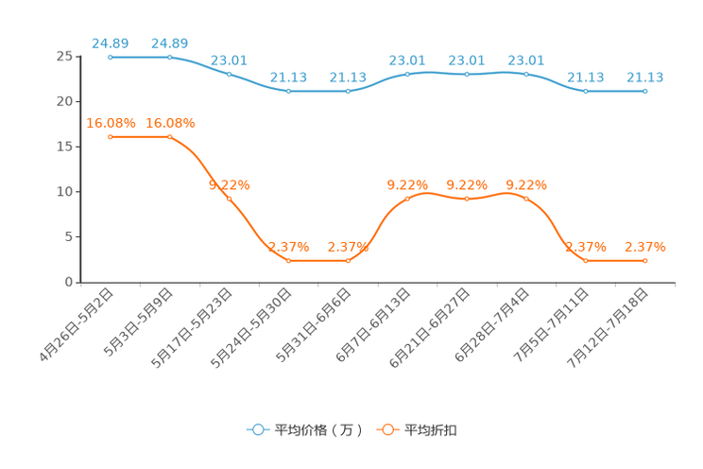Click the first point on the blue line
[111, 57]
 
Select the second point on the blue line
[170, 57]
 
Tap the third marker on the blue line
[229, 74]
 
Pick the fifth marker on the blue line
[349, 91]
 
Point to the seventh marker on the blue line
[467, 74]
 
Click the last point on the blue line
[645, 91]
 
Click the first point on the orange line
[111, 137]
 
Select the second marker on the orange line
[170, 137]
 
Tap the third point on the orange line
[229, 199]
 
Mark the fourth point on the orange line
[288, 261]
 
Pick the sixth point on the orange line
[408, 199]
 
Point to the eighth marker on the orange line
[526, 199]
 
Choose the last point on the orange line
[645, 261]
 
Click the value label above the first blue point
[111, 43]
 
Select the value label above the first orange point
[111, 123]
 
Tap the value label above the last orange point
[645, 247]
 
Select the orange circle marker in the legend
[387, 429]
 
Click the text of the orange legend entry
[431, 430]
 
